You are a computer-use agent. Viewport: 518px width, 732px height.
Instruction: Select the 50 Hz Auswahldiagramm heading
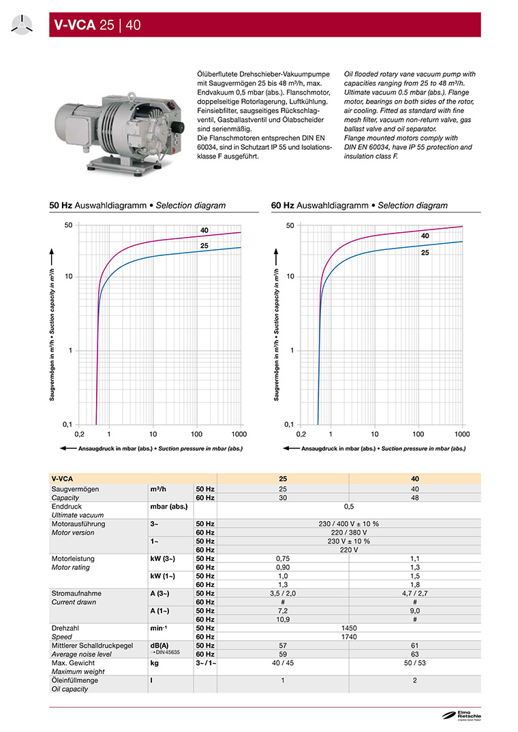[137, 206]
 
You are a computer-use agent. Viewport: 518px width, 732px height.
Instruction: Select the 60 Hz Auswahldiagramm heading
[359, 206]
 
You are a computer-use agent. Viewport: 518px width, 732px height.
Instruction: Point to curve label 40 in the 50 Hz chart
[204, 230]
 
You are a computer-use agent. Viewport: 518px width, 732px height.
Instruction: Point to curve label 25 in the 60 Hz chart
[425, 253]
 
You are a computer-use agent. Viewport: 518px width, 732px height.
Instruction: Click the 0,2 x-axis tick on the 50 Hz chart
[79, 434]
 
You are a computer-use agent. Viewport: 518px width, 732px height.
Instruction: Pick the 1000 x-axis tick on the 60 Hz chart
[461, 434]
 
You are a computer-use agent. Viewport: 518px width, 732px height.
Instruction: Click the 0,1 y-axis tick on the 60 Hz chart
[290, 424]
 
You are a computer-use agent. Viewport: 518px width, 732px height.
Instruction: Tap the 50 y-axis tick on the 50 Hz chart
[68, 225]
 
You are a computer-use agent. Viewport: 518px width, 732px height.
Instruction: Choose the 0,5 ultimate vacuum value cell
[349, 507]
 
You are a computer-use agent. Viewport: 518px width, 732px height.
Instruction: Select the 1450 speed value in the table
[349, 628]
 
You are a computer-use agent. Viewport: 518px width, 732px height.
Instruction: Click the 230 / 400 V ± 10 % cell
[349, 524]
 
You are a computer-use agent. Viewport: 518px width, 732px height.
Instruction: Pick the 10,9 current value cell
[282, 619]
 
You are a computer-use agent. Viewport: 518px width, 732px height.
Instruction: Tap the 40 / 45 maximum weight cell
[282, 663]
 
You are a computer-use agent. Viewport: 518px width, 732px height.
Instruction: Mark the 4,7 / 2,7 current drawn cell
[415, 593]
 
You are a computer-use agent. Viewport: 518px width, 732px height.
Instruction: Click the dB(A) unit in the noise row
[159, 645]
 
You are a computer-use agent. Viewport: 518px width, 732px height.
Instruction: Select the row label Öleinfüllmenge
[75, 680]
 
